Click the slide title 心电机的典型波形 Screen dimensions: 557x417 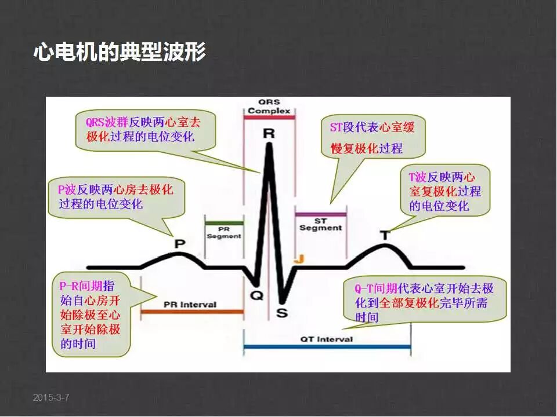click(120, 53)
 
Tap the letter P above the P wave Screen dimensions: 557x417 click(180, 243)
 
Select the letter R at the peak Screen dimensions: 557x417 click(269, 134)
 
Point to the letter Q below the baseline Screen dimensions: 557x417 click(256, 295)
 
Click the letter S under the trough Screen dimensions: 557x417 click(281, 313)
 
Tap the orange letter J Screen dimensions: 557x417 click(299, 259)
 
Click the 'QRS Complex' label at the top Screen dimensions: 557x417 click(269, 107)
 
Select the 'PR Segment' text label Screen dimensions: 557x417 click(224, 233)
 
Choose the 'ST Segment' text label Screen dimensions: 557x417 click(321, 225)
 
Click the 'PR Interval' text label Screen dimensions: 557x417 click(190, 305)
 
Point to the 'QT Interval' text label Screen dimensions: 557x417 click(326, 339)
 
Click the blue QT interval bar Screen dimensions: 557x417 click(327, 347)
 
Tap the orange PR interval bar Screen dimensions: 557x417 click(191, 312)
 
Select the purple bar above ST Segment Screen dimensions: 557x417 click(321, 214)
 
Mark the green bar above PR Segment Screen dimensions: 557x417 click(224, 222)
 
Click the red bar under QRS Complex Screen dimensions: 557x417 click(269, 118)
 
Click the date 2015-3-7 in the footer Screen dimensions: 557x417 click(51, 397)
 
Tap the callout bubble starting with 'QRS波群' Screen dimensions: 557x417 click(145, 131)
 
